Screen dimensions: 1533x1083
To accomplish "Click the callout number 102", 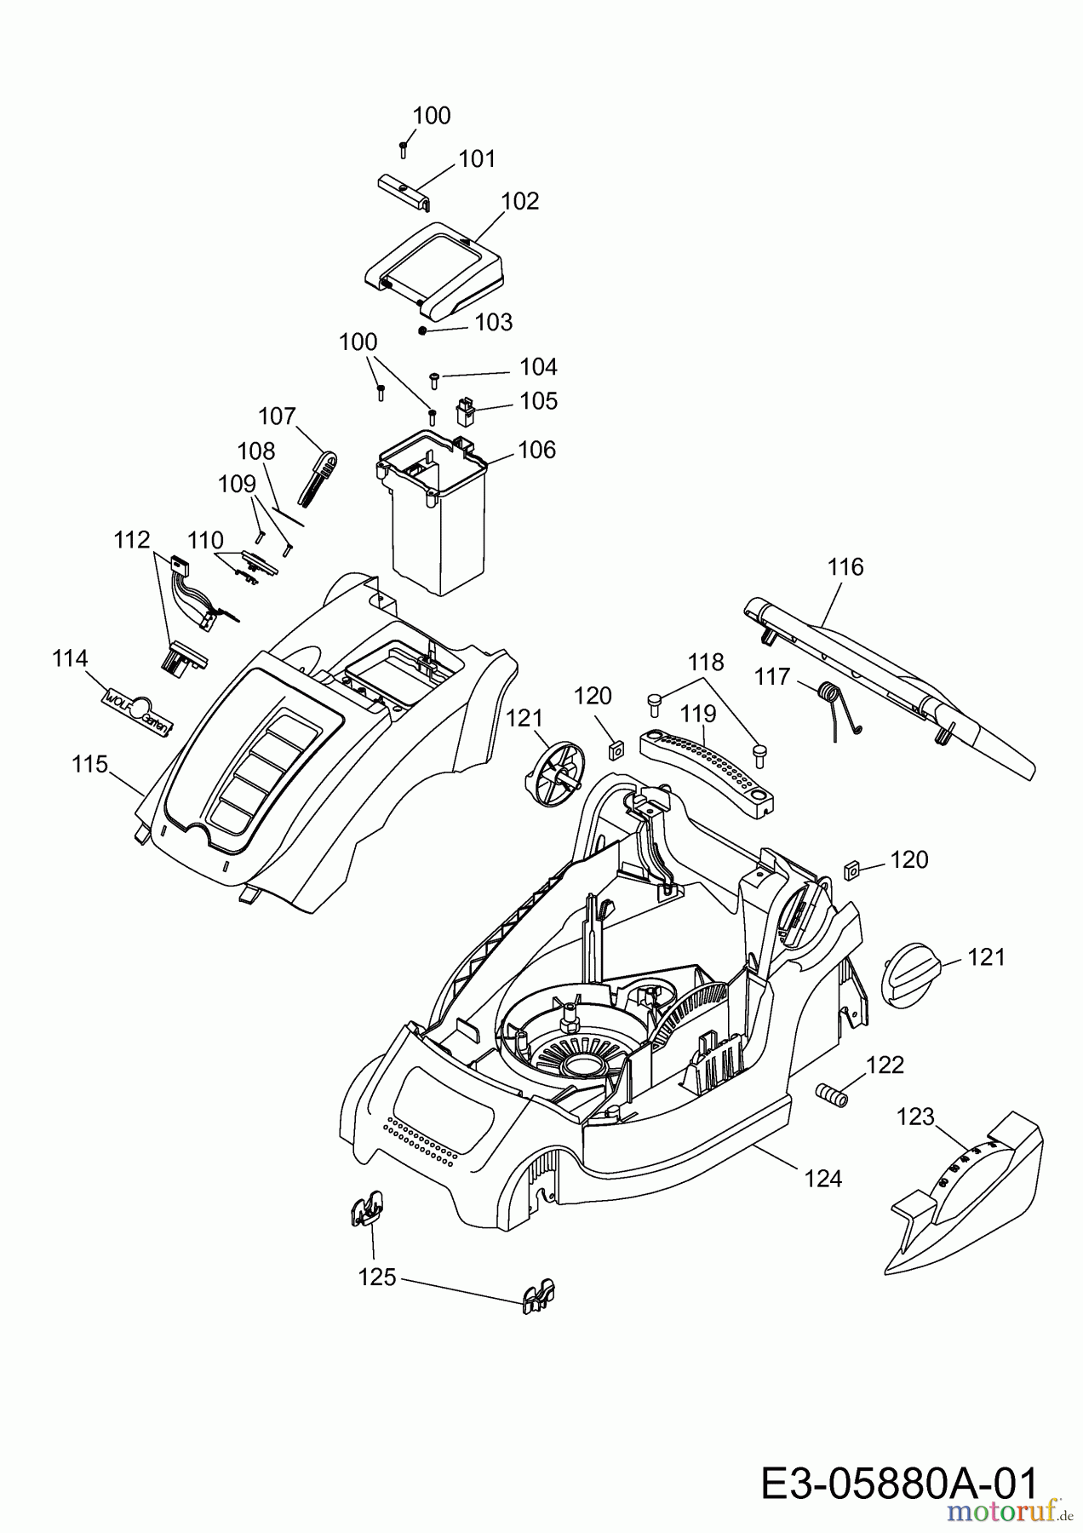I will pos(520,201).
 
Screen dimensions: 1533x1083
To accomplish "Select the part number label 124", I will pos(823,1179).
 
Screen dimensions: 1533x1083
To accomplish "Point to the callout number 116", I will pos(845,567).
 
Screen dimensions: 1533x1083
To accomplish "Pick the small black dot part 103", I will pos(421,330).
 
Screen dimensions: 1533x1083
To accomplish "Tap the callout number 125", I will pos(377,1277).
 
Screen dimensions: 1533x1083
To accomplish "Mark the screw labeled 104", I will pos(434,376).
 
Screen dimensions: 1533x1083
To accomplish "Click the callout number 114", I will pos(70,658).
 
